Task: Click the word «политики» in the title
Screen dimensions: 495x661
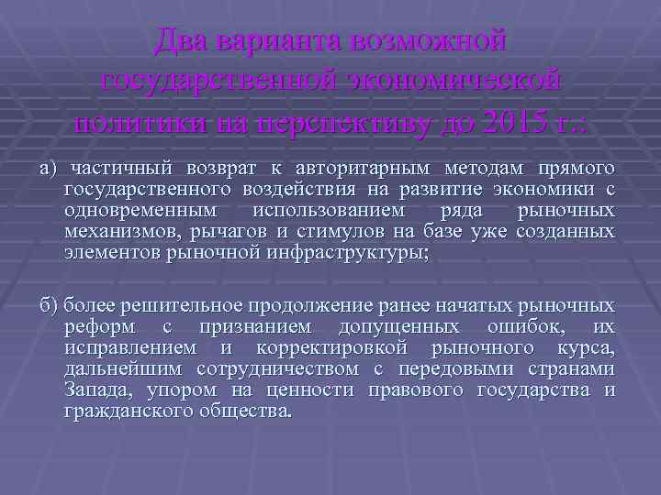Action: click(x=135, y=120)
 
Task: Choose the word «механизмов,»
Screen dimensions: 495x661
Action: click(x=122, y=232)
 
